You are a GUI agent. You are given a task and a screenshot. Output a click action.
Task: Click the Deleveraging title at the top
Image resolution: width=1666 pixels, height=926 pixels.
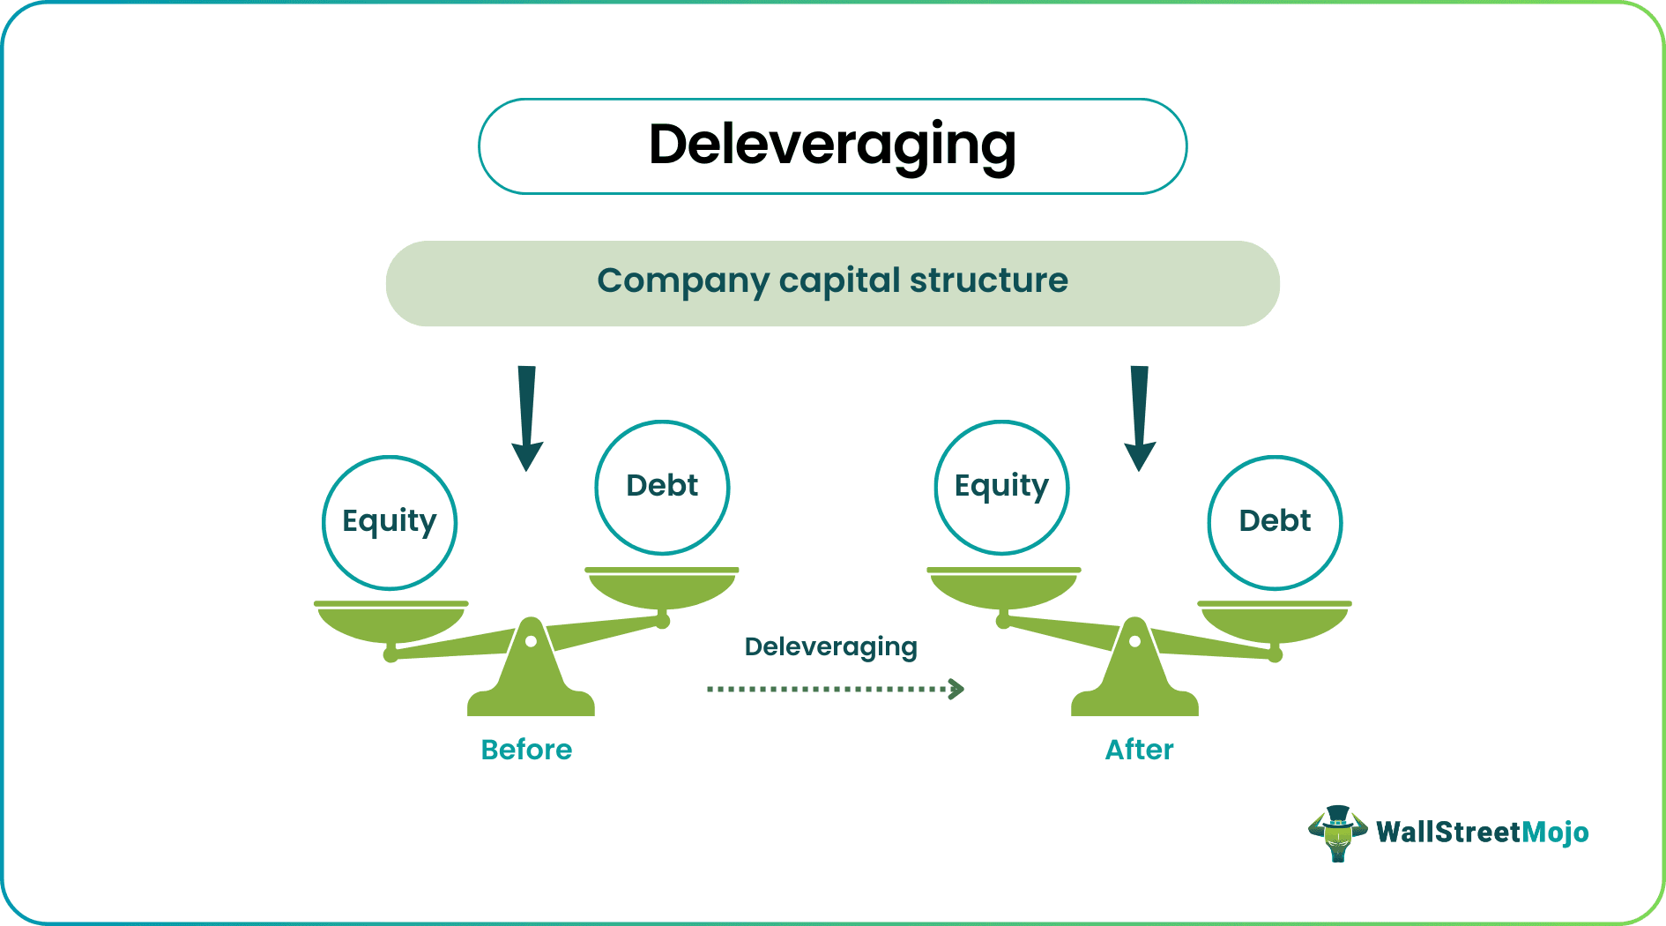[x=832, y=146]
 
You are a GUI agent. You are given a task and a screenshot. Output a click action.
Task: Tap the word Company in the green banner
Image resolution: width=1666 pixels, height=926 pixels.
[x=682, y=281]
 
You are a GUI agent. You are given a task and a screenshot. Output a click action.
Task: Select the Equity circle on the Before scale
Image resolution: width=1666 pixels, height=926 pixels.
[x=390, y=523]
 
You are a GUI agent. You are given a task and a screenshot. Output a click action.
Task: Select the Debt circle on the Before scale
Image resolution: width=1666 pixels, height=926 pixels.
[x=662, y=487]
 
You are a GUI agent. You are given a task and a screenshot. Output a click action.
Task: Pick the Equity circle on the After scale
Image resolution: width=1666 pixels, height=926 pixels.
[x=1001, y=487]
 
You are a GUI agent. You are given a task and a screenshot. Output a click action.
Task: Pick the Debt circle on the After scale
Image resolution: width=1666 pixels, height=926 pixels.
[x=1275, y=522]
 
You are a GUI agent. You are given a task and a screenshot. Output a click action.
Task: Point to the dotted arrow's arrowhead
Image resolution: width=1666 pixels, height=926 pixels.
[x=957, y=689]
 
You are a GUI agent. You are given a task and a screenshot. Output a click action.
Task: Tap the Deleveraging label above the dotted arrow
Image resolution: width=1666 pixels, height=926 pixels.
[x=830, y=646]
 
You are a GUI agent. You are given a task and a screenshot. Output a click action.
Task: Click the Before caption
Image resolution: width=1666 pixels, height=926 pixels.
[x=526, y=750]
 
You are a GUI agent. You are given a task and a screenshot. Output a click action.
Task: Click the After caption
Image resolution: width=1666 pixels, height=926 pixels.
[x=1139, y=750]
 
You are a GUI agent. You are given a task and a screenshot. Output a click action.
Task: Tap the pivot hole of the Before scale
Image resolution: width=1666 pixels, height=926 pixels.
[x=531, y=642]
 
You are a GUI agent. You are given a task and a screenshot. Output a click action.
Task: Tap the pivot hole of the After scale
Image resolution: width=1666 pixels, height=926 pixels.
[x=1135, y=642]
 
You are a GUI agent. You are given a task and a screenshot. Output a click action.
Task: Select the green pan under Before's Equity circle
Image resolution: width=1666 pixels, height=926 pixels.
[x=390, y=623]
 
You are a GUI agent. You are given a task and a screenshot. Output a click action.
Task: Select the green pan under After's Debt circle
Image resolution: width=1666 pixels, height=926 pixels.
[x=1275, y=623]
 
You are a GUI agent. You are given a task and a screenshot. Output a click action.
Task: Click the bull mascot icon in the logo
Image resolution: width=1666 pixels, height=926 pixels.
[x=1337, y=833]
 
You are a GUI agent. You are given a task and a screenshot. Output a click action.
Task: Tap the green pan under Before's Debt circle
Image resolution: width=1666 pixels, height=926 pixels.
[x=662, y=589]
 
